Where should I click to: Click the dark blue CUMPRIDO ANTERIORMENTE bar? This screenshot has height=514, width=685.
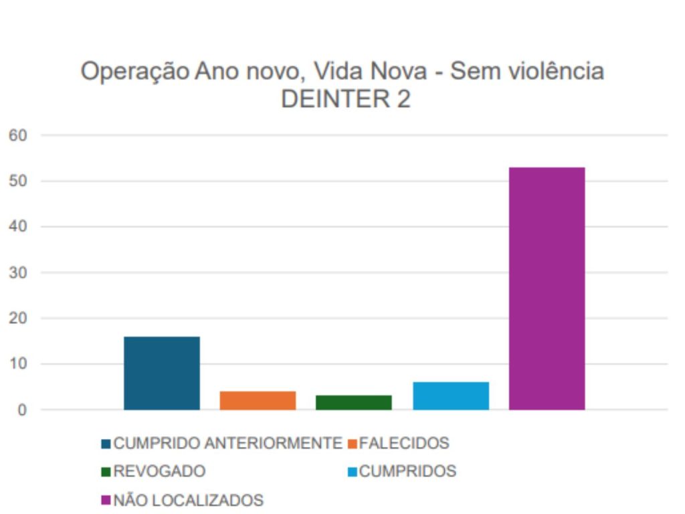(162, 373)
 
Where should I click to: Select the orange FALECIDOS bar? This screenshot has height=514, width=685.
(258, 400)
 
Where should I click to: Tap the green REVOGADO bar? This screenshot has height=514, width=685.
(353, 402)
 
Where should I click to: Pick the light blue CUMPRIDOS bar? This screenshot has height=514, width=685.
(450, 396)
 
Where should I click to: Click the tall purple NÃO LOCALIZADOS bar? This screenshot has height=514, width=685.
(547, 288)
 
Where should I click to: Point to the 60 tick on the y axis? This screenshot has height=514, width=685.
(17, 135)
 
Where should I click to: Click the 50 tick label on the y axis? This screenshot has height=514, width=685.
(17, 181)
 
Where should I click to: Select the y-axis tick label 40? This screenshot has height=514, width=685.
(17, 227)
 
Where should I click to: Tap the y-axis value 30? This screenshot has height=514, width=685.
(17, 272)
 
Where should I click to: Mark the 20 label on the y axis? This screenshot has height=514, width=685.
(17, 319)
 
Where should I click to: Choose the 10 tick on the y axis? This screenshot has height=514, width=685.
(17, 364)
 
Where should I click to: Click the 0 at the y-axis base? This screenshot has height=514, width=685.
(21, 410)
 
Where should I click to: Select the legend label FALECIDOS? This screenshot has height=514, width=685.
(404, 443)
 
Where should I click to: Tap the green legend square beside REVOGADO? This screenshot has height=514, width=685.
(106, 472)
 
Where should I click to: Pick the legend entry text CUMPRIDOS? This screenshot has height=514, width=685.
(407, 471)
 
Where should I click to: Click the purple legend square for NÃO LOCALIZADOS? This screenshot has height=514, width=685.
(106, 500)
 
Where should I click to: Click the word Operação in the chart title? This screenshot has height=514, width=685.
(134, 72)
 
